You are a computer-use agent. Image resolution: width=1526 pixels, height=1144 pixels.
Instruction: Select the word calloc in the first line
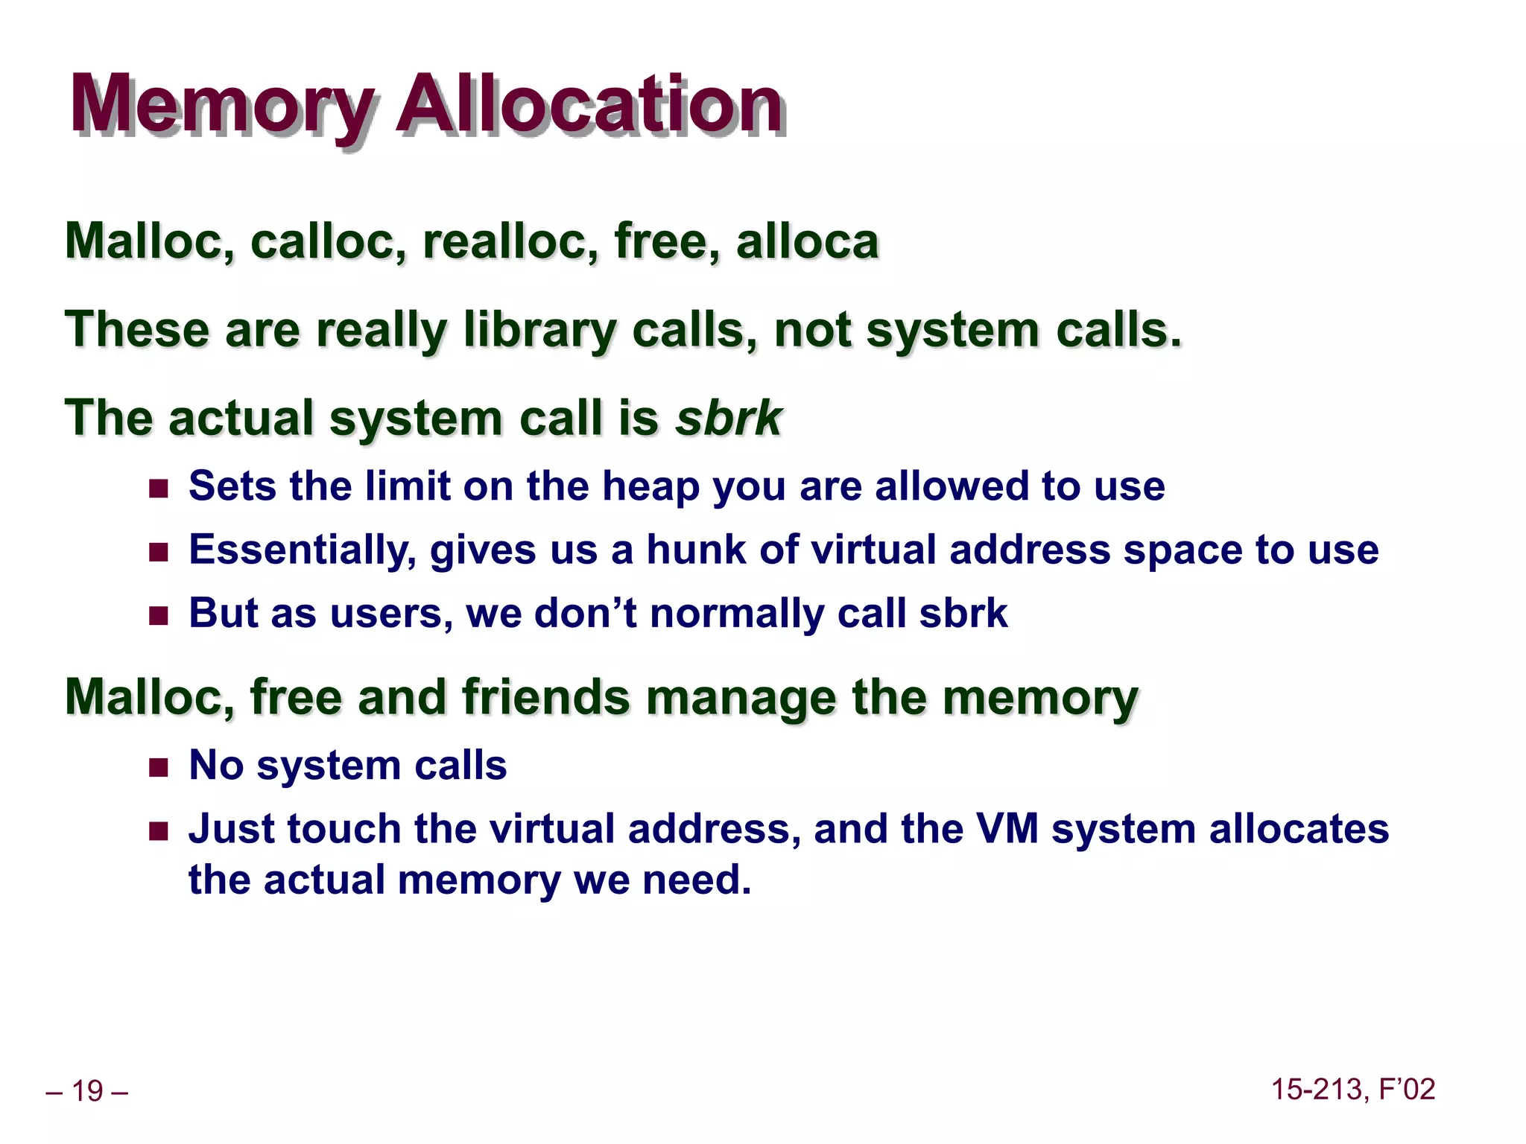pyautogui.click(x=329, y=242)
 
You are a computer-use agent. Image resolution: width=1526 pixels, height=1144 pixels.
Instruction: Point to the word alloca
pyautogui.click(x=808, y=242)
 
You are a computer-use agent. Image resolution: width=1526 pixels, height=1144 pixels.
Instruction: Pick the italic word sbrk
pyautogui.click(x=728, y=419)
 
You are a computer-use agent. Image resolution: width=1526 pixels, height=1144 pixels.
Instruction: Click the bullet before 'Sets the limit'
pyautogui.click(x=159, y=489)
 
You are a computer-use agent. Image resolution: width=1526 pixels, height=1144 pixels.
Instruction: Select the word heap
pyautogui.click(x=650, y=487)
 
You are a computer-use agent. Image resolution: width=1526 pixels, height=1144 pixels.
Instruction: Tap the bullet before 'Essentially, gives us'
pyautogui.click(x=159, y=553)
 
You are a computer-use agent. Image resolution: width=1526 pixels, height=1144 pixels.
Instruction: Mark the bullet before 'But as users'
pyautogui.click(x=159, y=616)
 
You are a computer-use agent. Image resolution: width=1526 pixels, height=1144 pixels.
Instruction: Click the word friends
pyautogui.click(x=545, y=697)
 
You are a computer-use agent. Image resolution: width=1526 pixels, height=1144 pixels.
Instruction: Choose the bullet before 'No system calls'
pyautogui.click(x=159, y=768)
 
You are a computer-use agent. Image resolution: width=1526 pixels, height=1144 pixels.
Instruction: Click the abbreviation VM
pyautogui.click(x=1007, y=830)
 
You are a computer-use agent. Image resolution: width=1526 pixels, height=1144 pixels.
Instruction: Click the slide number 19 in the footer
pyautogui.click(x=87, y=1091)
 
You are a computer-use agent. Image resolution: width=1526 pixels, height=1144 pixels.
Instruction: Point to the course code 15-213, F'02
pyautogui.click(x=1352, y=1090)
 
